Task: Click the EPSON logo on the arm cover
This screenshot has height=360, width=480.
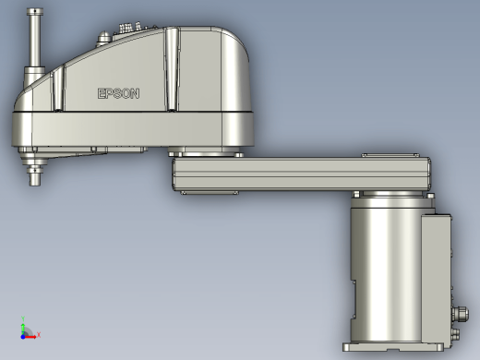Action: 118,93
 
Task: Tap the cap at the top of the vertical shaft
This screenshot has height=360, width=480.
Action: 35,12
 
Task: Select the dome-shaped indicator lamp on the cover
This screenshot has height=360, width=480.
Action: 104,38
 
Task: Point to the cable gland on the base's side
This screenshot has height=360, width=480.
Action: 461,314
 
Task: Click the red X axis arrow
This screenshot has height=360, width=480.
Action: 30,337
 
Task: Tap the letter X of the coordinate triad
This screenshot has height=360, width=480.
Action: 39,335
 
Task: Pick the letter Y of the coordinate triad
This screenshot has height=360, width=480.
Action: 23,318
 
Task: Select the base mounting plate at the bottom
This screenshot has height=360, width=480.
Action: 393,347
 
